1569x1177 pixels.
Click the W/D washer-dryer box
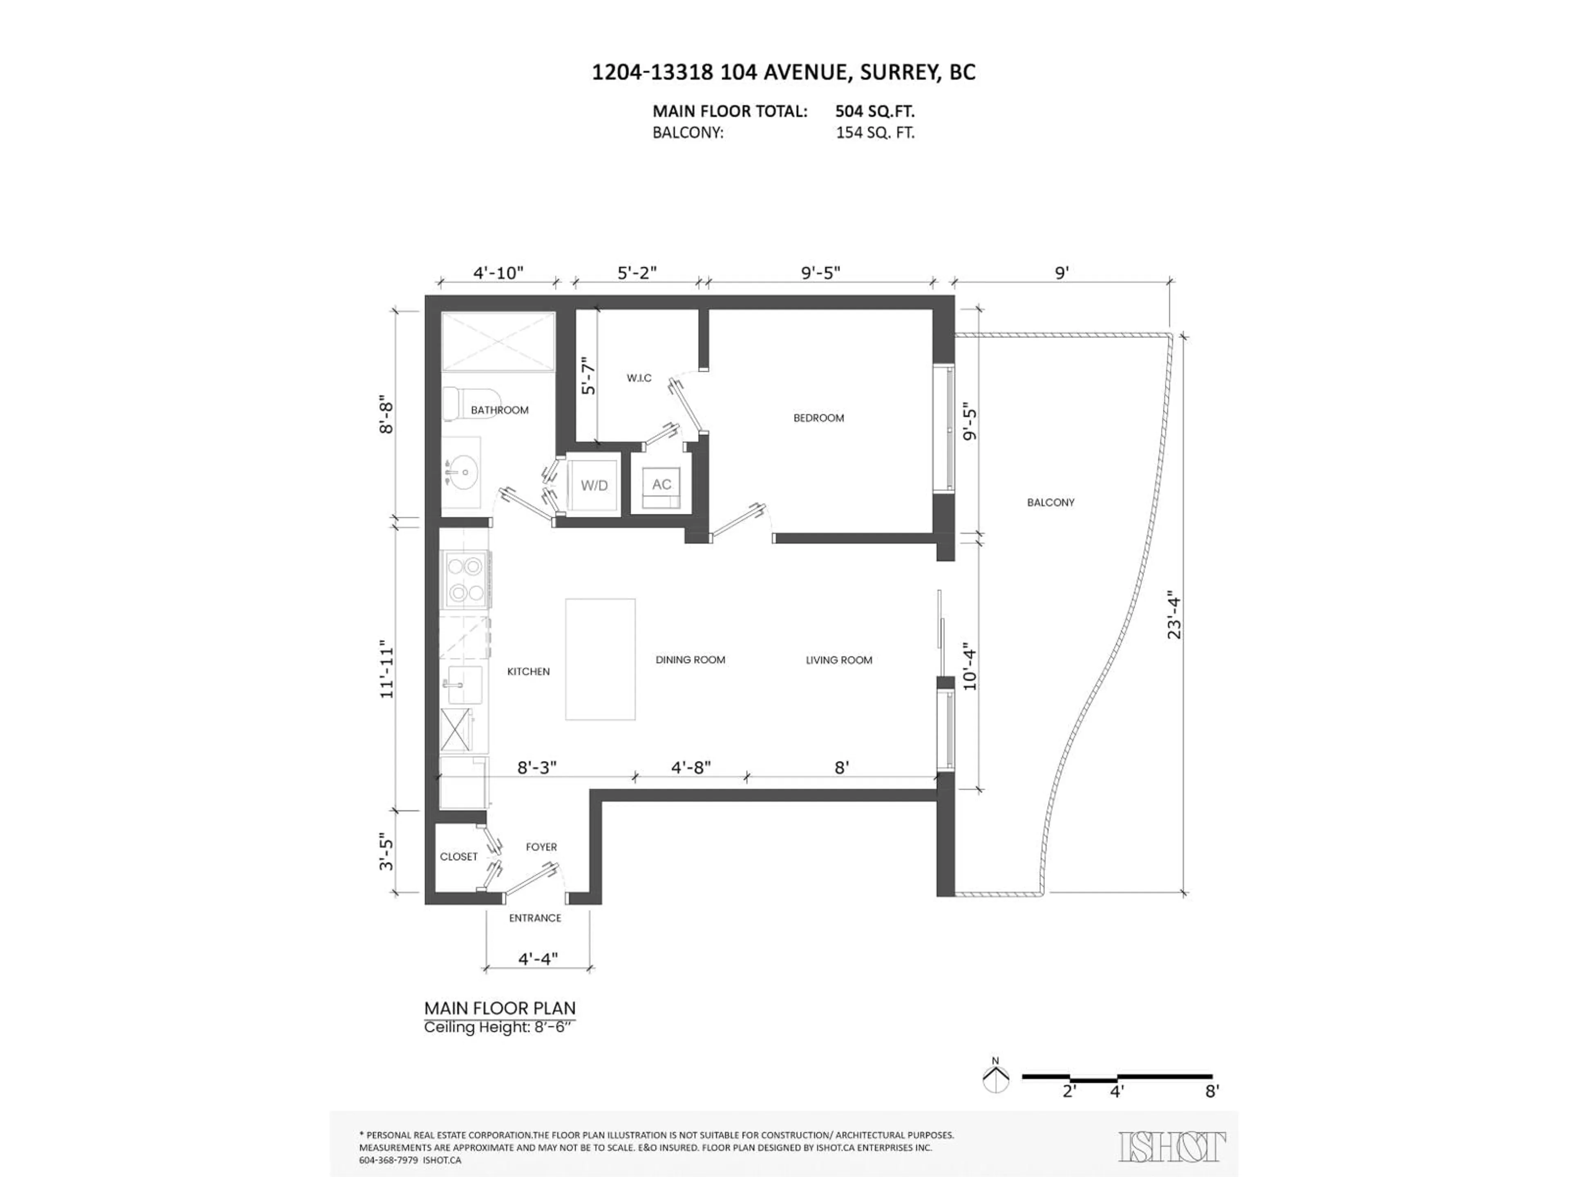594,485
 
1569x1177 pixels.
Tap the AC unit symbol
661,485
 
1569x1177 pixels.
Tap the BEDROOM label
818,418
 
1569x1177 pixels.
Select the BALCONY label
1050,502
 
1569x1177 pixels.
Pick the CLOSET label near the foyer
458,856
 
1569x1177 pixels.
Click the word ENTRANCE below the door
535,918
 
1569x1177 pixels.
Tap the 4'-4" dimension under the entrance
538,959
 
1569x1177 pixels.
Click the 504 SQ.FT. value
874,112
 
